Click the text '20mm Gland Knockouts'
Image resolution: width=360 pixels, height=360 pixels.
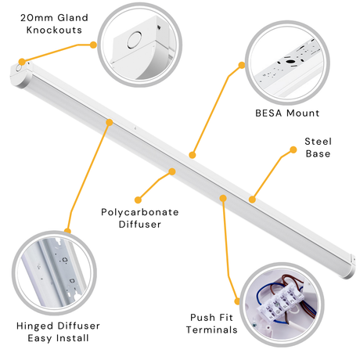54,23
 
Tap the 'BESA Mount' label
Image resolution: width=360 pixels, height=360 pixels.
287,113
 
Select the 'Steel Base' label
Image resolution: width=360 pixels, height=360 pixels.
318,147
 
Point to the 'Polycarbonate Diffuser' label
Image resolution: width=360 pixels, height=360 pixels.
140,218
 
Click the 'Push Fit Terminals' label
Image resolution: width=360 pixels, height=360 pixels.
211,323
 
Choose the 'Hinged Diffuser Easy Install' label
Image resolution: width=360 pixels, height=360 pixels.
58,332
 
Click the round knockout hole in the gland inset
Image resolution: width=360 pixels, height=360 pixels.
135,40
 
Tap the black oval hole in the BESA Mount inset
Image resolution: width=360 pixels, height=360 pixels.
290,62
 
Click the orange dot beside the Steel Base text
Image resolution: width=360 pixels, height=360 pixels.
293,149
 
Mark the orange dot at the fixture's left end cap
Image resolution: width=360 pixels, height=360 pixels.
22,62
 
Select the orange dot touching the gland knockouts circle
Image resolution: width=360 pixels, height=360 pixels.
93,45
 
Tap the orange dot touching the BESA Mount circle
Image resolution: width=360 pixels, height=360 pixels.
242,65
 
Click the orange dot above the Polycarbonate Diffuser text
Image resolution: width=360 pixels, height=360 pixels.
172,171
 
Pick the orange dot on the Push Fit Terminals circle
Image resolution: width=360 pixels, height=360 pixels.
237,301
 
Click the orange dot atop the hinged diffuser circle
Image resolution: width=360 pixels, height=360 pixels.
67,231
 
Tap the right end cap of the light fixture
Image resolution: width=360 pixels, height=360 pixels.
351,266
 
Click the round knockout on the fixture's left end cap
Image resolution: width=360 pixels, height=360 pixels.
19,68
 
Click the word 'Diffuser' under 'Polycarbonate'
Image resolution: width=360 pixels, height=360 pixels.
140,224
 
